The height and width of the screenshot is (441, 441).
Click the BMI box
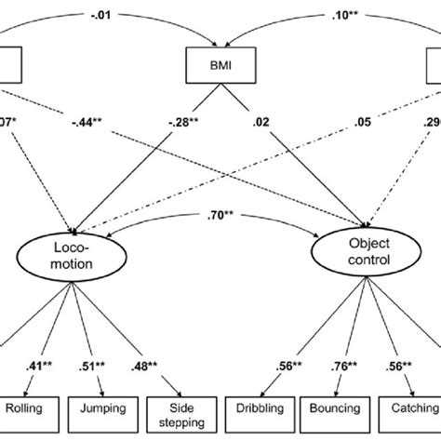220,64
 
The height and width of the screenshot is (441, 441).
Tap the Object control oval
358,255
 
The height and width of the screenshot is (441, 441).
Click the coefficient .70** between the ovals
211,220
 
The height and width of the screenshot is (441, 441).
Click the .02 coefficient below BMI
264,120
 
